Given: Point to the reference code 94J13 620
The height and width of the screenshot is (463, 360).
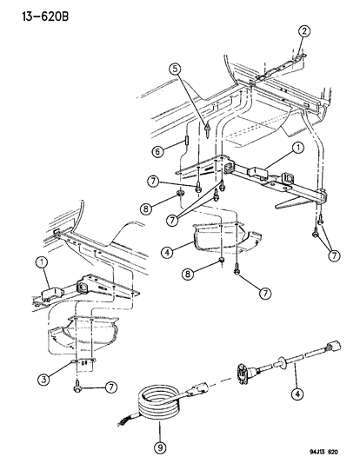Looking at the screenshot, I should [x=328, y=453].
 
